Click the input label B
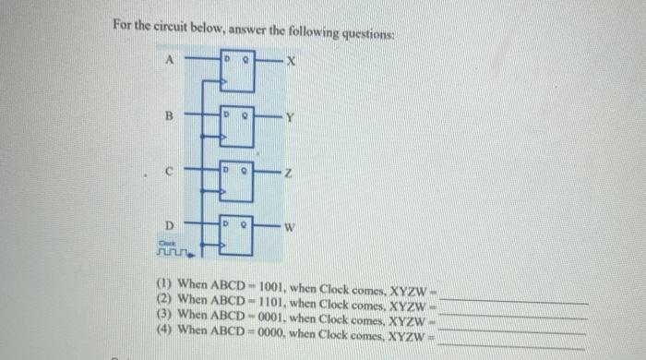point(169,117)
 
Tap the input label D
point(169,224)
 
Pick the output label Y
point(289,117)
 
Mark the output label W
point(290,226)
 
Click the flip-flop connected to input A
point(236,71)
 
